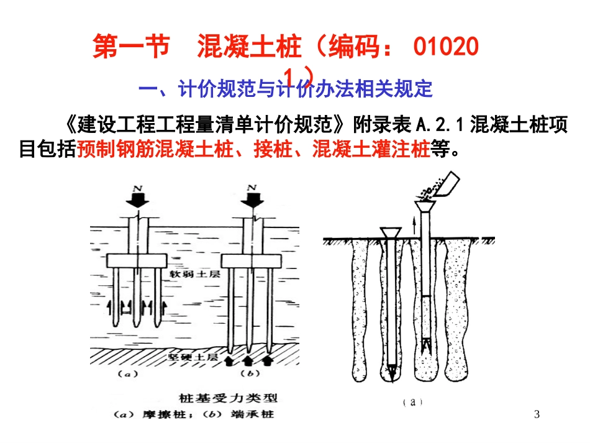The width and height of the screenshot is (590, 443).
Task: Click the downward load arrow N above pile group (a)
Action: click(135, 198)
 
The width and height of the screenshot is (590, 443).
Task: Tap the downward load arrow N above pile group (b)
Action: click(252, 198)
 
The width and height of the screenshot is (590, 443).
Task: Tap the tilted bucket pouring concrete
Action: click(446, 186)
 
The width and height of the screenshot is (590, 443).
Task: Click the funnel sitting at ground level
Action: click(389, 232)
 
